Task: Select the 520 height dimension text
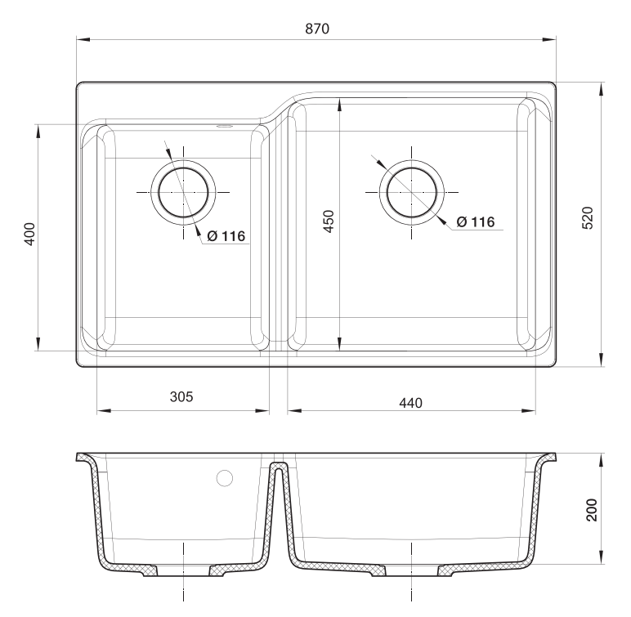point(587,219)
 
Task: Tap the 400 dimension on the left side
point(28,235)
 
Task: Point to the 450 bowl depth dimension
point(328,221)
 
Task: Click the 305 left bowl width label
point(181,396)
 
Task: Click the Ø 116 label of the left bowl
point(226,237)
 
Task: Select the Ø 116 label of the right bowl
point(476,221)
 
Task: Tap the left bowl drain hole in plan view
point(184,191)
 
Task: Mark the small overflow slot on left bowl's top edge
point(223,127)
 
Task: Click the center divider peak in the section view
point(279,466)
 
